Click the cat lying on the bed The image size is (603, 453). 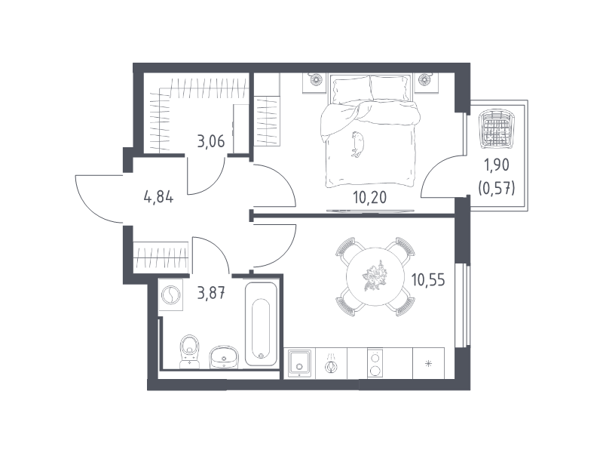point(357,144)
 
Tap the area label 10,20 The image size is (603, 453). point(369,197)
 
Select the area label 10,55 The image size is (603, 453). point(428,279)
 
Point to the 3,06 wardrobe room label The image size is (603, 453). point(211,141)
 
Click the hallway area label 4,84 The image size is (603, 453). point(158,197)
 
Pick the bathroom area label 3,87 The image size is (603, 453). point(211,294)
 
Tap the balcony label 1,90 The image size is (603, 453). point(497,165)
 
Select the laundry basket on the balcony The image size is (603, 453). point(496,128)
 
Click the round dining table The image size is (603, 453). point(375,276)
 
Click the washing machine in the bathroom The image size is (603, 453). point(171,295)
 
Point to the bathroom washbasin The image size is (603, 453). point(224,356)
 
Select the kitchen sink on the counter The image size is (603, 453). point(300,362)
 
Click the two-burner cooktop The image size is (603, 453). point(375,363)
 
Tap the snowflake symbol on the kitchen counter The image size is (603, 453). point(428,363)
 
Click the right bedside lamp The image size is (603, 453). point(424,79)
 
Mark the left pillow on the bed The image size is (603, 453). point(352,89)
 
